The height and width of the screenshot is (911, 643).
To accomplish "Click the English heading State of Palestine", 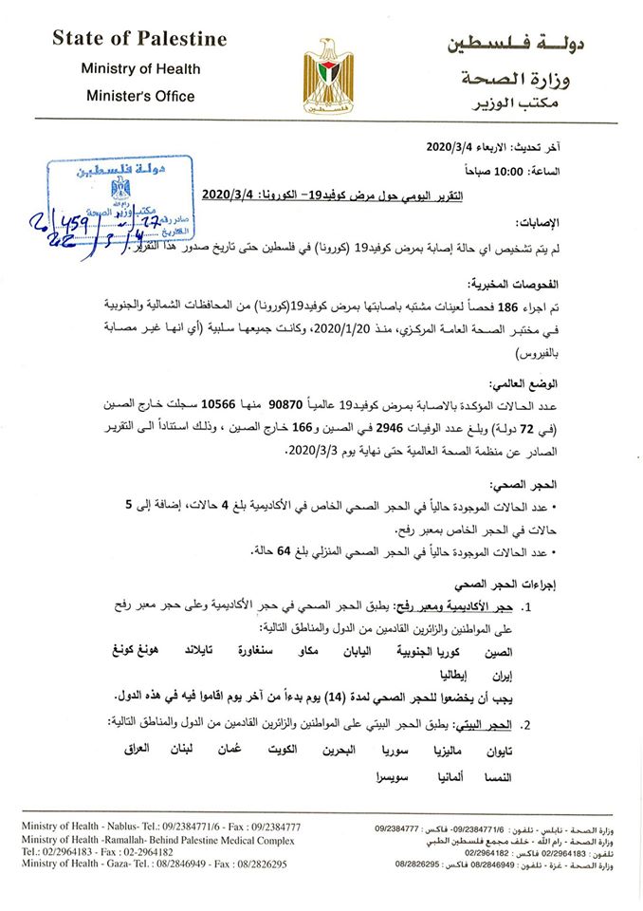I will (x=139, y=39).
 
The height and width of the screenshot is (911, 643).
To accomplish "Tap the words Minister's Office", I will (x=139, y=96).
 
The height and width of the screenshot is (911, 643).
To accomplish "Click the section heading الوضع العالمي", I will (x=552, y=381).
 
